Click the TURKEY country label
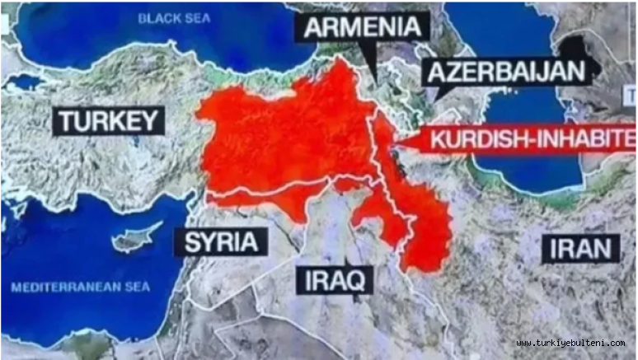click(107, 121)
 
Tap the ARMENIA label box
click(364, 27)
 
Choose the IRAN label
click(581, 247)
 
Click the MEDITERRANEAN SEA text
click(81, 288)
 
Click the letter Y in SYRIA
click(206, 242)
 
